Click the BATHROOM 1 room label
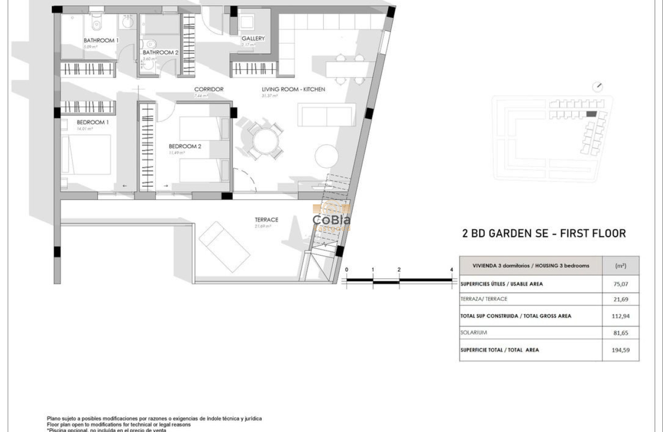[x=101, y=40]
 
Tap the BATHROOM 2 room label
[x=160, y=52]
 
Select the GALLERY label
[x=253, y=39]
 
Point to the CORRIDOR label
[x=209, y=89]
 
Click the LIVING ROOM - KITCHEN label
[x=293, y=89]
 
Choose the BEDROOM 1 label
[x=93, y=122]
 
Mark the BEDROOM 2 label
[x=185, y=146]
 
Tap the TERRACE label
[x=266, y=220]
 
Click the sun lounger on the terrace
[x=225, y=247]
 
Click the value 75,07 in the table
[x=620, y=283]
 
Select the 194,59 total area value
[x=620, y=350]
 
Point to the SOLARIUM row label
[x=473, y=333]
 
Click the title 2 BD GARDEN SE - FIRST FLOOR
[x=544, y=233]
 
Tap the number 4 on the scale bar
[x=451, y=269]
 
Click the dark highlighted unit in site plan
[x=592, y=114]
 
